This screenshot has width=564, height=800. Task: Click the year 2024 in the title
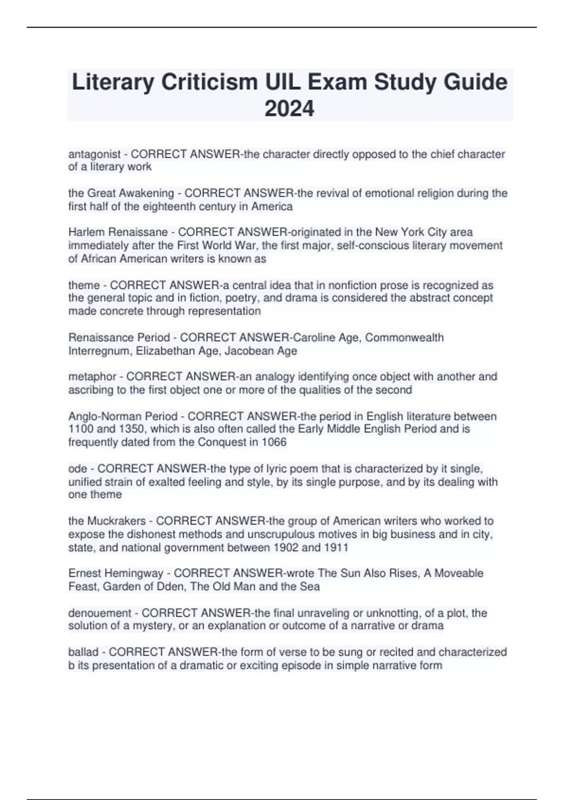[x=289, y=109]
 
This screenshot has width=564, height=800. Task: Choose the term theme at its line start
[x=84, y=285]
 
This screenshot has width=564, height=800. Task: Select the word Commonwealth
[x=404, y=337]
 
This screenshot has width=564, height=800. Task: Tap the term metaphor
[x=92, y=376]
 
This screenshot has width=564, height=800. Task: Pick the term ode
[x=78, y=469]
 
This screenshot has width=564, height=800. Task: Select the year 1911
[x=336, y=548]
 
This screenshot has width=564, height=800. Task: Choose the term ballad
[x=83, y=652]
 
